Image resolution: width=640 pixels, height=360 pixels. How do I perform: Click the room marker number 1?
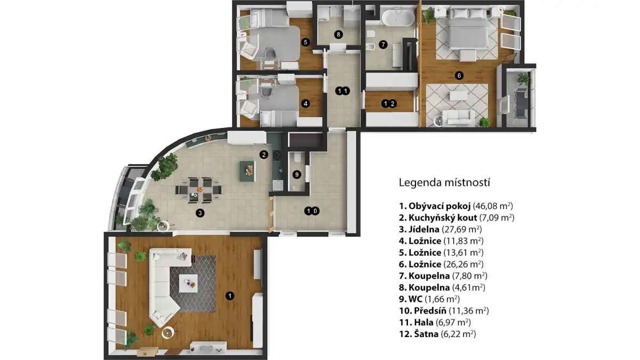tap(230, 295)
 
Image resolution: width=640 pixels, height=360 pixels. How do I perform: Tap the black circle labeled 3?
tap(200, 213)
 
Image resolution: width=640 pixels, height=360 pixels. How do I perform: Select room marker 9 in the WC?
tap(297, 174)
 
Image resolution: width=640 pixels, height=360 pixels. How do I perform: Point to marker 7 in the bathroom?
tap(383, 45)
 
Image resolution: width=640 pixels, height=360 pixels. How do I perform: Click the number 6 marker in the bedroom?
tap(459, 76)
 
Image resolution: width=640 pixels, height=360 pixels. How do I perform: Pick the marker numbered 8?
tap(339, 35)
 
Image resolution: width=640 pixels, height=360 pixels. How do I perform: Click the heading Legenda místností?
tap(444, 182)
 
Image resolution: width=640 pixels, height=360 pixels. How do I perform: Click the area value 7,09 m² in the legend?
tap(497, 218)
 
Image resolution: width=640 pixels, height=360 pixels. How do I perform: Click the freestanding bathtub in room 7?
tap(398, 18)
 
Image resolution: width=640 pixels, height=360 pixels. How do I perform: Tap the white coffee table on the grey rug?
tap(188, 283)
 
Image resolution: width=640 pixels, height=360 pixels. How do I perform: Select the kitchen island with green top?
tap(247, 171)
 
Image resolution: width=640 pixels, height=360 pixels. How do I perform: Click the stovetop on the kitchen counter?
tap(277, 155)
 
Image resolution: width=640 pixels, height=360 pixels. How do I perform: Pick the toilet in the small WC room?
tap(298, 157)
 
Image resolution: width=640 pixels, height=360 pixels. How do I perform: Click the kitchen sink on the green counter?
tap(277, 186)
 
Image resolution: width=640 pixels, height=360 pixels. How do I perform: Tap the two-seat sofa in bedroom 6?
tap(459, 117)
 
